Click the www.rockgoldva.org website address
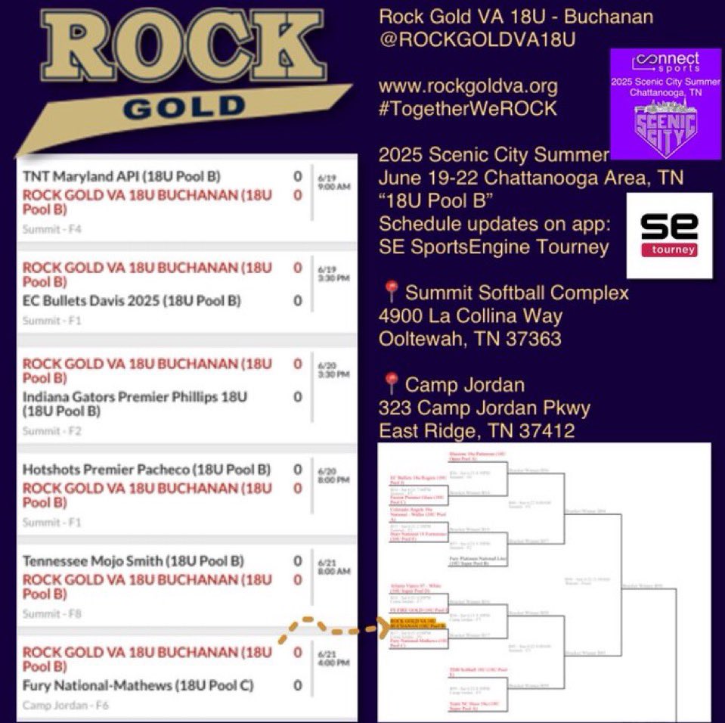tap(468, 87)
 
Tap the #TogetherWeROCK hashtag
tap(467, 108)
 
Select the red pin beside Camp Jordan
tap(391, 384)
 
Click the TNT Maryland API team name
tap(121, 177)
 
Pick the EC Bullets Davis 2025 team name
tap(132, 301)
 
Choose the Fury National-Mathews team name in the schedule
tap(138, 686)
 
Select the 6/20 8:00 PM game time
tap(332, 474)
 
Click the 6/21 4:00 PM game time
tap(332, 657)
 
